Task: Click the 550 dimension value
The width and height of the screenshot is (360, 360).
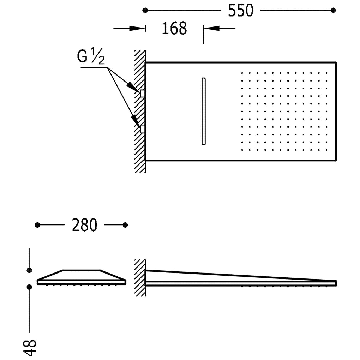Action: [241, 10]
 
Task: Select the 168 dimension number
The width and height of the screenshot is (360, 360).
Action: [174, 29]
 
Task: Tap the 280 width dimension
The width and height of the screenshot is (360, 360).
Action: [84, 225]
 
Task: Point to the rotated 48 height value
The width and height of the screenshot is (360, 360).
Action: [30, 348]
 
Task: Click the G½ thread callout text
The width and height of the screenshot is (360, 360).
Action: [91, 56]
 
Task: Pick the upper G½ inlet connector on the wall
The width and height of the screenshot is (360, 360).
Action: [142, 94]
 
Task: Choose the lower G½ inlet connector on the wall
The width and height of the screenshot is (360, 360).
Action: [142, 129]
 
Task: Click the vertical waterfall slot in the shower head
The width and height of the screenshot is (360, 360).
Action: [204, 111]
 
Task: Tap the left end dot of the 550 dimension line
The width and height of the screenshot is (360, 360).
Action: [145, 10]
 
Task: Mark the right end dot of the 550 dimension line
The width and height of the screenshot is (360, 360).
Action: [334, 10]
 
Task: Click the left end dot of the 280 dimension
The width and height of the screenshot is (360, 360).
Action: [37, 225]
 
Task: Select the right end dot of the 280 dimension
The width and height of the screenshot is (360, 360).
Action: [125, 225]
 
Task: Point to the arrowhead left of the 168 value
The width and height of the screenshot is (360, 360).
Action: [137, 29]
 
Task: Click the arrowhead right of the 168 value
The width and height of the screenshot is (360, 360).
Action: [211, 28]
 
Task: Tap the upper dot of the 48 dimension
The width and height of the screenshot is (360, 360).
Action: [29, 270]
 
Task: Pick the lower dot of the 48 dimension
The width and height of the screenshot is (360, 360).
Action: [29, 287]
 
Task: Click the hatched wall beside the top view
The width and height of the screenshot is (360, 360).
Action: [140, 111]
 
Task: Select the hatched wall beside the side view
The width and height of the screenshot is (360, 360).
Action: [140, 278]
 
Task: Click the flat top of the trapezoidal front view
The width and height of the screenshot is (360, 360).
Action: [81, 270]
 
